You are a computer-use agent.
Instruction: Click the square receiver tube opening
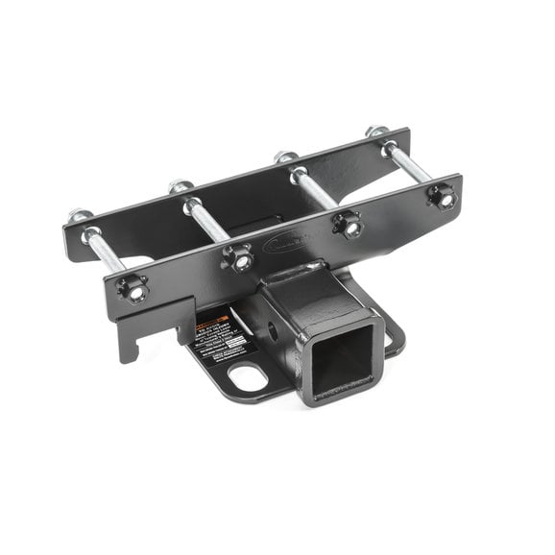(342, 358)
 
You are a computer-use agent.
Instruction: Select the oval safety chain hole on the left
(249, 376)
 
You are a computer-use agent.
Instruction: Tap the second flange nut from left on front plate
(238, 257)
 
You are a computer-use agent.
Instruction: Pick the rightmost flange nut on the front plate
(443, 198)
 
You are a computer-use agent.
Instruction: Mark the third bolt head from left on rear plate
(284, 157)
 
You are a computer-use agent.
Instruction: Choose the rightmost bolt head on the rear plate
(378, 132)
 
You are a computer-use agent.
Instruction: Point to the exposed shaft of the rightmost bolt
(411, 163)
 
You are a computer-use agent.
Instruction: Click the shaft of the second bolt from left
(207, 222)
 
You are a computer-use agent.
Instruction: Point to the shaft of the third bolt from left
(316, 191)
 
